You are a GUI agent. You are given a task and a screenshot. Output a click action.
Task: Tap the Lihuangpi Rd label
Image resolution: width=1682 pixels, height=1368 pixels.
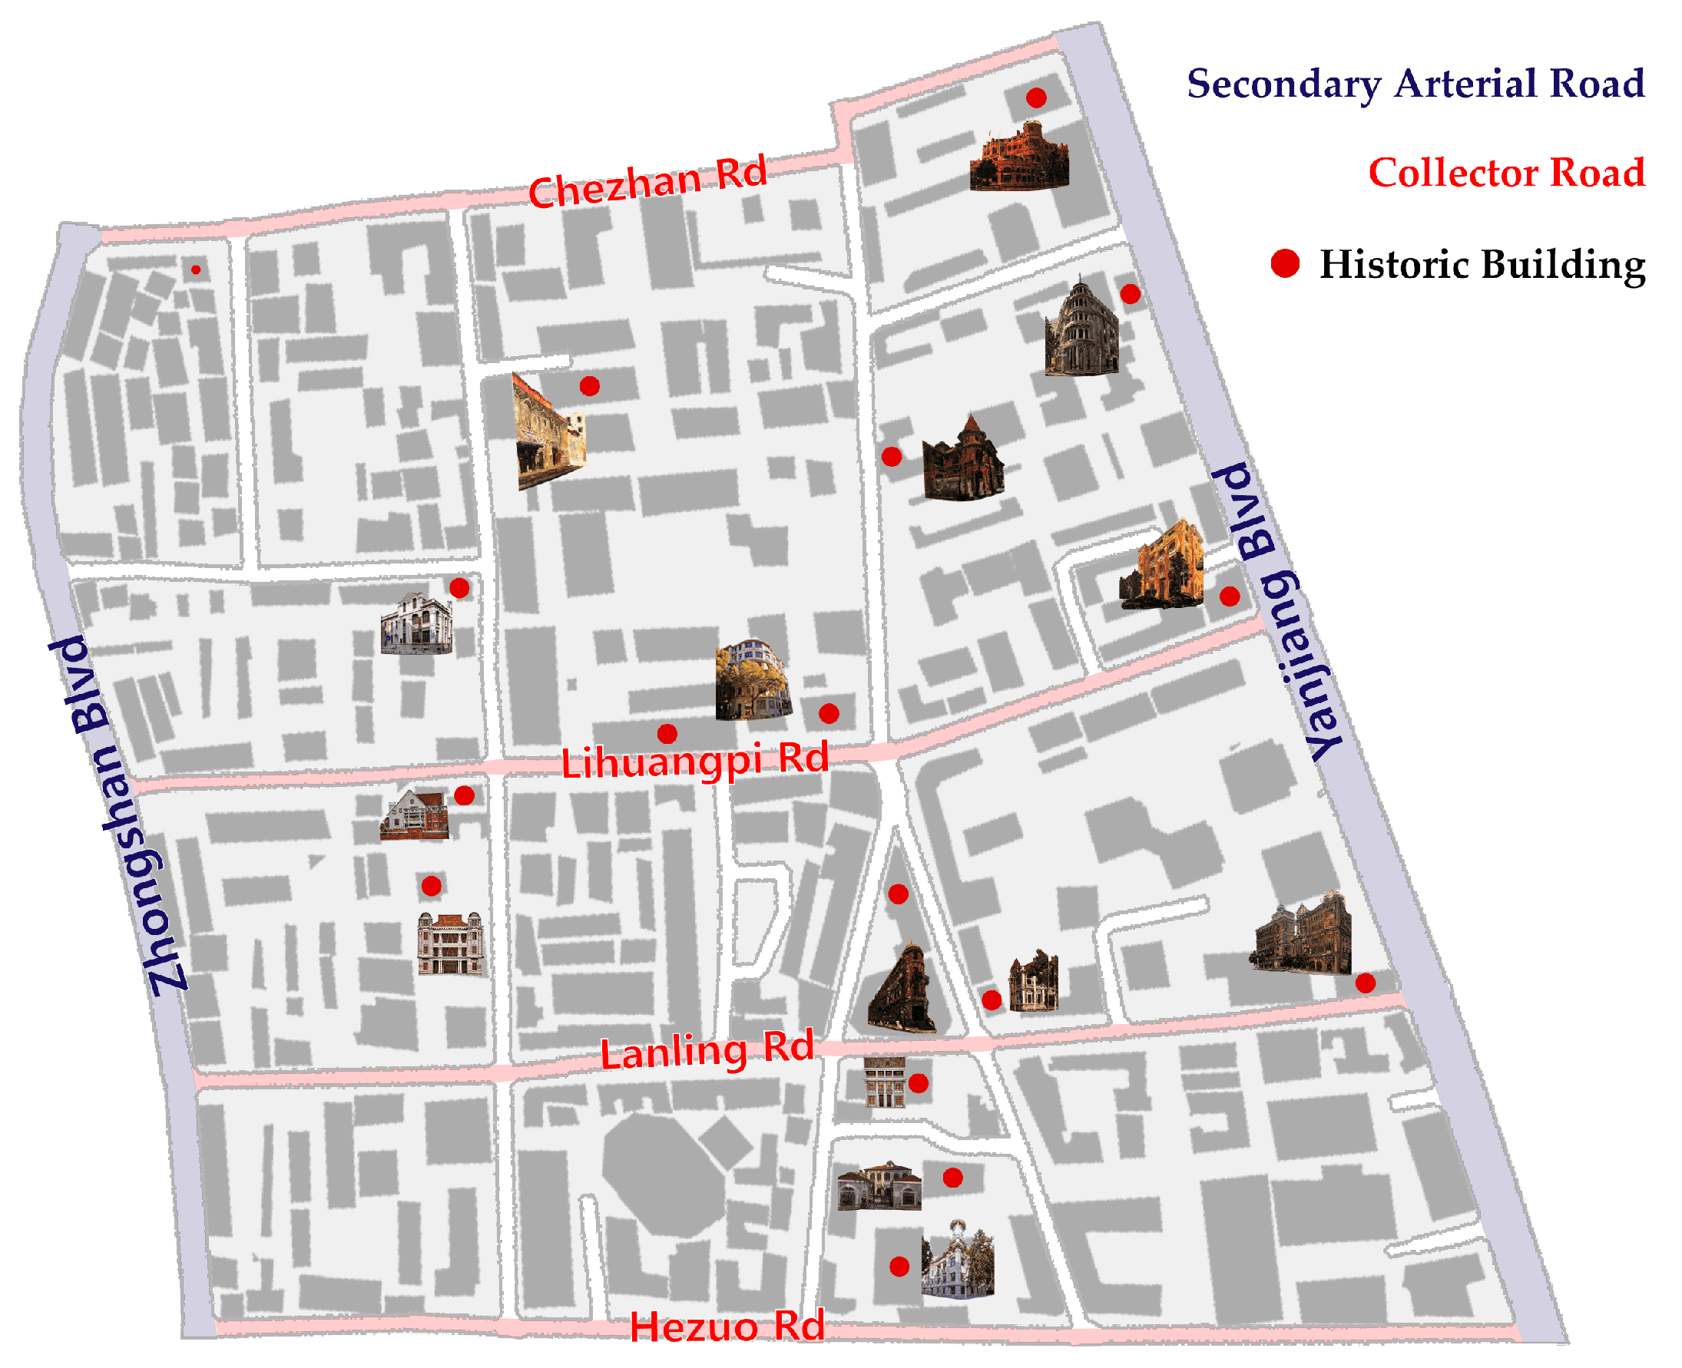(x=694, y=761)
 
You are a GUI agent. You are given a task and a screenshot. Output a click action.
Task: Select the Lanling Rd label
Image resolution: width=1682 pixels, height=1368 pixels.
(x=707, y=1049)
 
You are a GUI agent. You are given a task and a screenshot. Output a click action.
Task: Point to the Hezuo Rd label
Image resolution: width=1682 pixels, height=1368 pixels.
(x=727, y=1326)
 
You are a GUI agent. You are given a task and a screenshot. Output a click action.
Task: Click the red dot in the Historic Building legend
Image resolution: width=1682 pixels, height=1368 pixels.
(x=1285, y=263)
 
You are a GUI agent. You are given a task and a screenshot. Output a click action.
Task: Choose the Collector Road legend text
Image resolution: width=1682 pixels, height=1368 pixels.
(x=1505, y=173)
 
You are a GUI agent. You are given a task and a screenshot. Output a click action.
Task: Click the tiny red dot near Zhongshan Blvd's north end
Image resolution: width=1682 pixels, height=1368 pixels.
(x=196, y=269)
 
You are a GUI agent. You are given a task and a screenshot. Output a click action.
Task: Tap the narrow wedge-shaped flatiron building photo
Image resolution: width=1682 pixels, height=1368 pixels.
(x=905, y=989)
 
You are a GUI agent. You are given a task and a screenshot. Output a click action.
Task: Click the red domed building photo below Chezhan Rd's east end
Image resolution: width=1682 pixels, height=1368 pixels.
(x=1020, y=157)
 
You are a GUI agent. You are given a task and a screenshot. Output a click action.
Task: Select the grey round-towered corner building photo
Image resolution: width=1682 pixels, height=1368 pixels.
(x=1081, y=327)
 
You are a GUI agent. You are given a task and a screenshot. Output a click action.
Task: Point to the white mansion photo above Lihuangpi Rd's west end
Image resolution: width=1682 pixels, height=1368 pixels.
(x=417, y=624)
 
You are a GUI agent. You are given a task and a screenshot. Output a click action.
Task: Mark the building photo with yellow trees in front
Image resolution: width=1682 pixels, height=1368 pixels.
(x=751, y=680)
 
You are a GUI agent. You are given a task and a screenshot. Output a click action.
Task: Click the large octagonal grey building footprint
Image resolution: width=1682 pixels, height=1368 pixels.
(x=664, y=1174)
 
